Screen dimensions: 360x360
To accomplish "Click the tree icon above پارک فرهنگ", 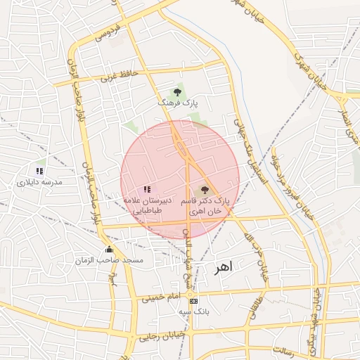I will tap(177, 91).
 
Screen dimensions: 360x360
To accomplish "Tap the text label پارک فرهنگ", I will tap(177, 103).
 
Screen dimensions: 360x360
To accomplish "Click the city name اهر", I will tap(226, 268).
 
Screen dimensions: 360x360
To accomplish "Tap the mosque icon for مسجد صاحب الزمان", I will tap(108, 250).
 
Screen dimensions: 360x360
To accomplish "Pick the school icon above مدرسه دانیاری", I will tap(40, 171).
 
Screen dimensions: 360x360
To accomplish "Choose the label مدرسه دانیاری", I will tap(40, 182).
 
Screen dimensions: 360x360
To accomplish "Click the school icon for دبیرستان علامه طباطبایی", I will tap(147, 189).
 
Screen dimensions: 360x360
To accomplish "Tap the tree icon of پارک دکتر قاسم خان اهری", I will tap(205, 189).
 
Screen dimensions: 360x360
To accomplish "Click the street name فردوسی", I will tap(108, 32).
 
